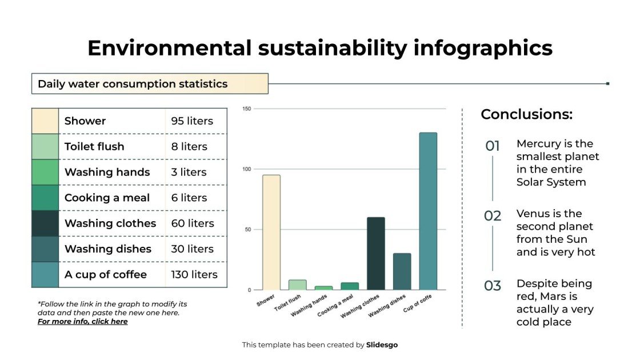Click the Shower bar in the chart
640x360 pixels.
[271, 233]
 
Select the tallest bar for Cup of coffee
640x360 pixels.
[428, 211]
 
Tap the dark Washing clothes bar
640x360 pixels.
[375, 254]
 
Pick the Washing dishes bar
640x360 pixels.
[402, 271]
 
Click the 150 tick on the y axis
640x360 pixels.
[246, 109]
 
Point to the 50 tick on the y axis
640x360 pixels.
[247, 230]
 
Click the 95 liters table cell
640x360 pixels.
[192, 121]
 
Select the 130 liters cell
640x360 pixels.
[194, 275]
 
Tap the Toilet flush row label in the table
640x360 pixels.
[94, 147]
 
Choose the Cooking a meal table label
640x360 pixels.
[107, 198]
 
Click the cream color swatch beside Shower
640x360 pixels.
[45, 121]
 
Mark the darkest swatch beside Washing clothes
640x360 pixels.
[45, 223]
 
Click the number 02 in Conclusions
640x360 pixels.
[493, 216]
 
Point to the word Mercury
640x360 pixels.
[538, 144]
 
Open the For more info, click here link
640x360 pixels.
[82, 322]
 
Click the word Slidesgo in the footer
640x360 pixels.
[382, 345]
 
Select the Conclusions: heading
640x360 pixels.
[526, 114]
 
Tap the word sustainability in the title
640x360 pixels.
[329, 48]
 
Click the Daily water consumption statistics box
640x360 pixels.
[150, 84]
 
